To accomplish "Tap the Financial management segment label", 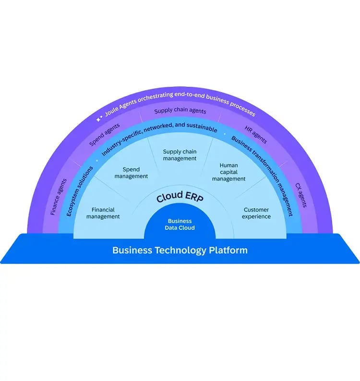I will (x=103, y=213).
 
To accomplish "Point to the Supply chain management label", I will (x=180, y=155).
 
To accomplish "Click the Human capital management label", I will (x=228, y=172).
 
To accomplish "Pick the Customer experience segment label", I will (x=256, y=213).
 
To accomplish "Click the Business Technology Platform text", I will (x=180, y=250).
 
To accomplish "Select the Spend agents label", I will (x=104, y=136).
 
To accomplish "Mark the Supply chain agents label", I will (x=180, y=111).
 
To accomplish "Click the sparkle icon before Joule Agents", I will (x=99, y=117).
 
